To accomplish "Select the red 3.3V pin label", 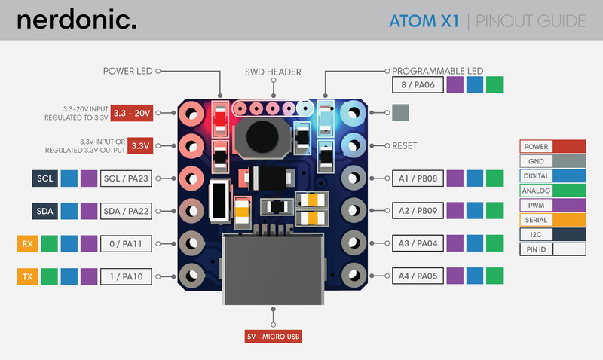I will coord(140,145).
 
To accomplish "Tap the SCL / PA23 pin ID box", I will coord(126,178).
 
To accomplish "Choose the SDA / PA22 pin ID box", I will coord(126,211).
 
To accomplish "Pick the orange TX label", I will coord(27,276).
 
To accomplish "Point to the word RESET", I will coord(405,145).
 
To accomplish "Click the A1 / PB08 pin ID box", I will coord(418,178).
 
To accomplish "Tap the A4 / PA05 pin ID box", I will coord(418,276).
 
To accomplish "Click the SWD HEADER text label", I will coord(273,72).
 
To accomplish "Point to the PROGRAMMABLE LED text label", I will coord(438,71).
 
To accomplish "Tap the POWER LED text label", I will coord(127,71).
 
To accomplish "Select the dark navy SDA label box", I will coord(44,211).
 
